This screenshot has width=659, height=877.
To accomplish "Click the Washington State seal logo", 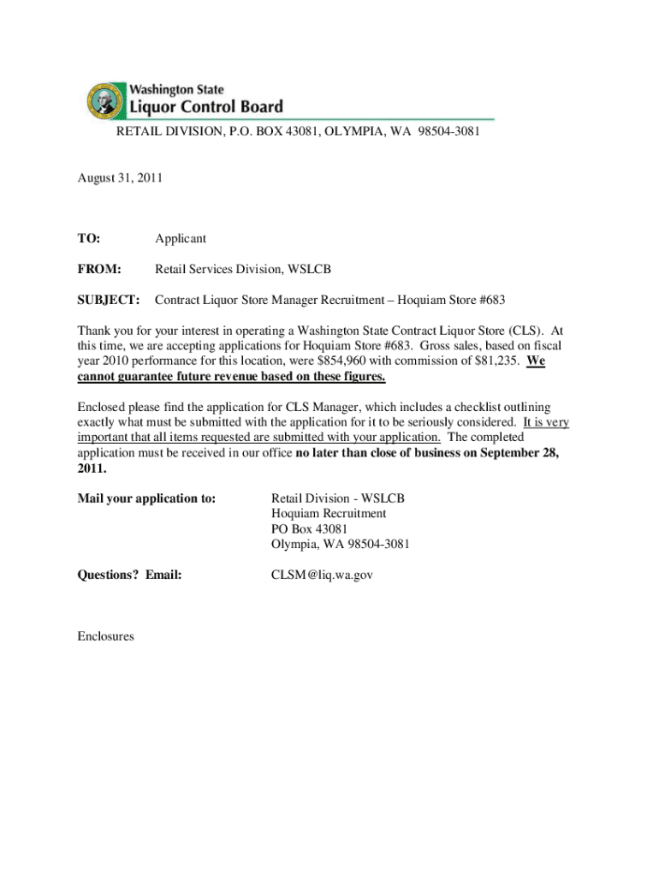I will [104, 100].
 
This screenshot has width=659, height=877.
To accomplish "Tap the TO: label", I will [89, 238].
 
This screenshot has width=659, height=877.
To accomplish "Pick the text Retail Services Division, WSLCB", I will [242, 270].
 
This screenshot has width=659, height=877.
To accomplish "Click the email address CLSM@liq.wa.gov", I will [322, 576].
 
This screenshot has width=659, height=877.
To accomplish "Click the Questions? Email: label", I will [129, 576].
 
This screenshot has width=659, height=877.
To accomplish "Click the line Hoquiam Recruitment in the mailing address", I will [328, 513].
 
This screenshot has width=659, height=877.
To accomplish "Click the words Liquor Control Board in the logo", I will [205, 107].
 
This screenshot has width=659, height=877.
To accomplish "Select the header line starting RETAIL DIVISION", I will [298, 133].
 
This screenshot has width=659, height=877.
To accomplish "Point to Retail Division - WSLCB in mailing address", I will [337, 498].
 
